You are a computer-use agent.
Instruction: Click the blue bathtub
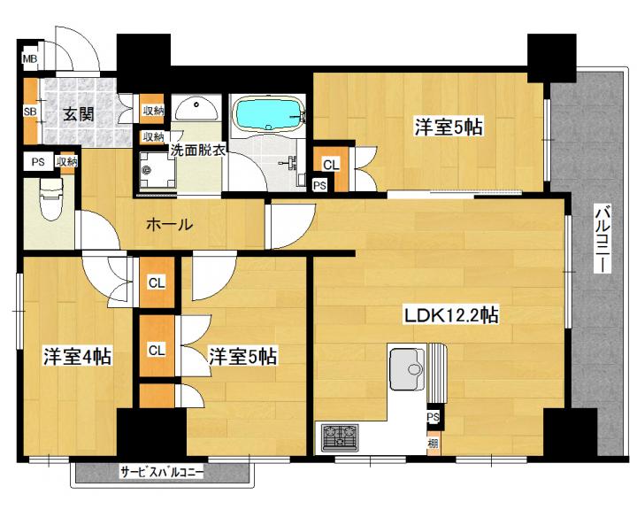click(268, 114)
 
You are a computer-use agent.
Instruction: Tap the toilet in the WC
click(50, 199)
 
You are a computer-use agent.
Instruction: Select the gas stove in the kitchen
click(340, 437)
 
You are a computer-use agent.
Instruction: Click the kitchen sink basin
click(408, 369)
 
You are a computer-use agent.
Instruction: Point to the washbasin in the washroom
click(197, 108)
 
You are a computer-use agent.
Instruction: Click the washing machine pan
click(157, 170)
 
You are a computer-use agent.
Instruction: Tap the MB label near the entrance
click(30, 59)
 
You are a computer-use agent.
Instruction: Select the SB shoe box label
click(30, 112)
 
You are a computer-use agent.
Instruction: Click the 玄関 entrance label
click(79, 114)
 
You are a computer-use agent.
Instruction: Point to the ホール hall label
click(169, 224)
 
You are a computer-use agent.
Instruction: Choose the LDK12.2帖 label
click(450, 315)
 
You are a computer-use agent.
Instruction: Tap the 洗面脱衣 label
click(197, 151)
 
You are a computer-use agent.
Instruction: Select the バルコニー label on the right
click(602, 240)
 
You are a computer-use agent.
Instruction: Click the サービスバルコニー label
click(162, 473)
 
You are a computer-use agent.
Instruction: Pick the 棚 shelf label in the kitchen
click(434, 444)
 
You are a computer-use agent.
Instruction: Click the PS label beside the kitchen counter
click(433, 417)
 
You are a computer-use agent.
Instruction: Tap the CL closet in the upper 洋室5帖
click(331, 165)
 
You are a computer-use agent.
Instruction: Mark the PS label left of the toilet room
click(38, 162)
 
